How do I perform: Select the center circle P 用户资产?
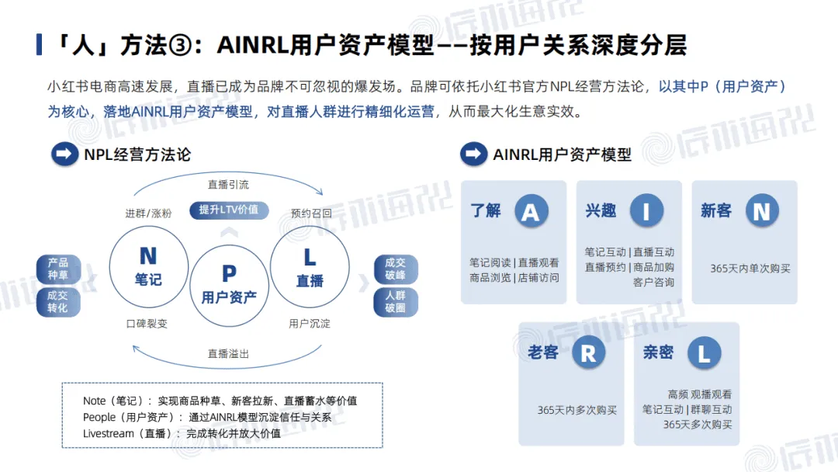pyautogui.click(x=229, y=284)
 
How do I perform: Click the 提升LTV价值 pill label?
pyautogui.click(x=229, y=210)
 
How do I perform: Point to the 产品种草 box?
pyautogui.click(x=58, y=269)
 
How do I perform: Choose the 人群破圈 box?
pyautogui.click(x=395, y=301)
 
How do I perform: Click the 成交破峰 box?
pyautogui.click(x=395, y=269)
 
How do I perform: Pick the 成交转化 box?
pyautogui.click(x=58, y=301)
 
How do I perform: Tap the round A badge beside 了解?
pyautogui.click(x=531, y=210)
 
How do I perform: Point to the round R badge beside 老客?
pyautogui.click(x=588, y=353)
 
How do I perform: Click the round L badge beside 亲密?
pyautogui.click(x=704, y=353)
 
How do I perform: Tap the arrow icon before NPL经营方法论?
pyautogui.click(x=64, y=154)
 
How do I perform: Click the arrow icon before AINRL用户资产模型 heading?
pyautogui.click(x=473, y=154)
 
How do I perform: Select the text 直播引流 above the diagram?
pyautogui.click(x=229, y=185)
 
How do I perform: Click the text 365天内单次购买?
pyautogui.click(x=750, y=269)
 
